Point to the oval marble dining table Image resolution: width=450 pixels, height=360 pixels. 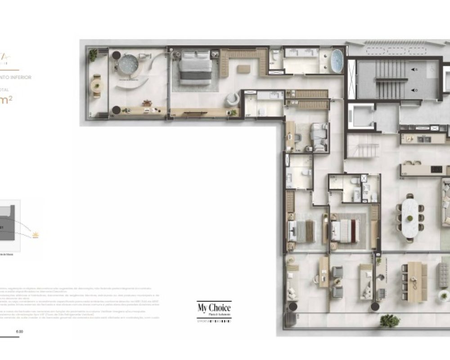[409, 217]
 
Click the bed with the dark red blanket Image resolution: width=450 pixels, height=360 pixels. [346, 230]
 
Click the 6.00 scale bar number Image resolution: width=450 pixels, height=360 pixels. [19, 332]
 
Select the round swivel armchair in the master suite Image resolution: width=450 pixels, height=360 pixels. [232, 99]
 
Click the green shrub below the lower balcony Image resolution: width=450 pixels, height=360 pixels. [389, 321]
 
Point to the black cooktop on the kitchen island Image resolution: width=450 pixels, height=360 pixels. [436, 169]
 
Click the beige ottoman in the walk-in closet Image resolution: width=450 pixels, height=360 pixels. [244, 69]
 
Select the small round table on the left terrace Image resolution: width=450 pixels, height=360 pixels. [96, 85]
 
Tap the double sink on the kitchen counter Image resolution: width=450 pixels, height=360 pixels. [425, 139]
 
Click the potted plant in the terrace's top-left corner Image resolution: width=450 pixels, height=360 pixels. [93, 54]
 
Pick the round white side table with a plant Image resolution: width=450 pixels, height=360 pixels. [444, 296]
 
